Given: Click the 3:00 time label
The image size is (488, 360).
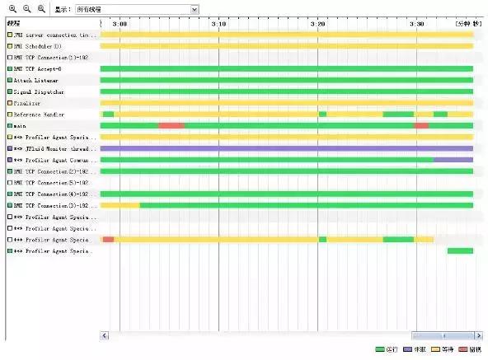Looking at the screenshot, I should click(x=120, y=24).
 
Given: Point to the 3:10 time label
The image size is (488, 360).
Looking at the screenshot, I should click(x=218, y=24).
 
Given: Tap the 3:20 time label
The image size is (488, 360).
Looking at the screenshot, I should click(x=317, y=24).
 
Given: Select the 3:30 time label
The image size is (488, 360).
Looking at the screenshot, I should click(x=417, y=24).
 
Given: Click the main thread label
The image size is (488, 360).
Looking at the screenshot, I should click(x=21, y=126).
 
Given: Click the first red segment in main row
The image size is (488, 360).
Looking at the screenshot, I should click(x=171, y=125).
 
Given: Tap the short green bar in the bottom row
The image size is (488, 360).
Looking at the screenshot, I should click(x=460, y=250).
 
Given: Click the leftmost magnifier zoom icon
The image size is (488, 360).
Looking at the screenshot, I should click(x=12, y=8).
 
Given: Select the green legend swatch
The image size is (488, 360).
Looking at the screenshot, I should click(x=380, y=350).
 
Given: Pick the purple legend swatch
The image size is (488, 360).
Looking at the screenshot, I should click(x=407, y=350).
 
